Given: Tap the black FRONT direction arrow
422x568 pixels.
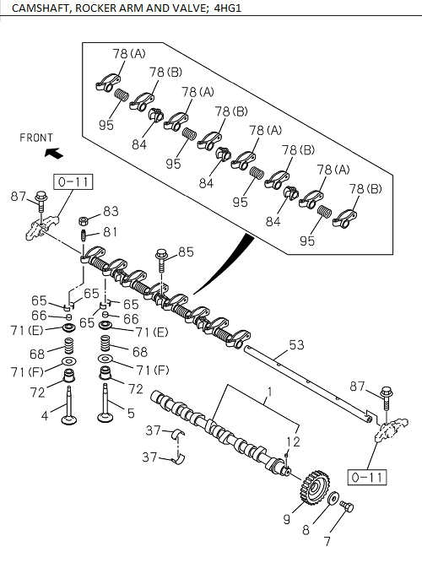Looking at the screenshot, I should tap(54, 154).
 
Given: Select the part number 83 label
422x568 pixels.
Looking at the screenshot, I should tap(111, 212).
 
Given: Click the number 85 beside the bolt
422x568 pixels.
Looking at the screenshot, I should tap(185, 251).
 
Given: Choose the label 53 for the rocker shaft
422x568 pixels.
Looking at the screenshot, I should tap(297, 344).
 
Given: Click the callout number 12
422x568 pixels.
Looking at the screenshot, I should tap(293, 442).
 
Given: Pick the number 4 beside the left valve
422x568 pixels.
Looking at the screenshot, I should tap(45, 415).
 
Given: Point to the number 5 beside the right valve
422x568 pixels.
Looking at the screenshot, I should tap(129, 414).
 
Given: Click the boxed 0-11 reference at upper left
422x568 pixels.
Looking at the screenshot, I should tap(73, 181).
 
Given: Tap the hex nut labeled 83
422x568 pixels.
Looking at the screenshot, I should tap(86, 221).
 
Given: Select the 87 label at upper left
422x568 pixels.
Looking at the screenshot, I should tap(17, 197).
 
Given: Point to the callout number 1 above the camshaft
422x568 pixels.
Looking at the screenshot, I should tap(269, 392).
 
